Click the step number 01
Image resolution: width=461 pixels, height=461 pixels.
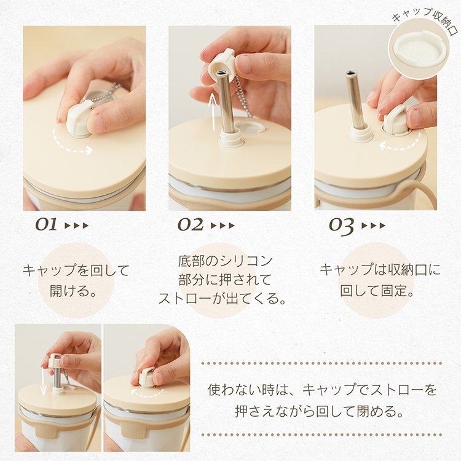pyautogui.click(x=46, y=225)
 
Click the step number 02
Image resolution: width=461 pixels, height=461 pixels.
pyautogui.click(x=190, y=225)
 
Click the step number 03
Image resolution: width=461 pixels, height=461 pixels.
pyautogui.click(x=341, y=226)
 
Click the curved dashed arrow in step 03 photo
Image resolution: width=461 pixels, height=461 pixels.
pyautogui.click(x=400, y=143)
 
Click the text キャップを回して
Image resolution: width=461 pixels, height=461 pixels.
pyautogui.click(x=76, y=270)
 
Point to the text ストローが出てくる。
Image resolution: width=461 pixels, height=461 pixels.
pyautogui.click(x=223, y=298)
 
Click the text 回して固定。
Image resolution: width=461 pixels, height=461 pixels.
pyautogui.click(x=377, y=291)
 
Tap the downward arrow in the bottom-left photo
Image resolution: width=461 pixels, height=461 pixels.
pyautogui.click(x=44, y=380)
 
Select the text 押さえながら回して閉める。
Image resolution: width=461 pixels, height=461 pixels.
pyautogui.click(x=319, y=411)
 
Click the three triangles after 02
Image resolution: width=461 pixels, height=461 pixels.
pyautogui.click(x=223, y=226)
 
